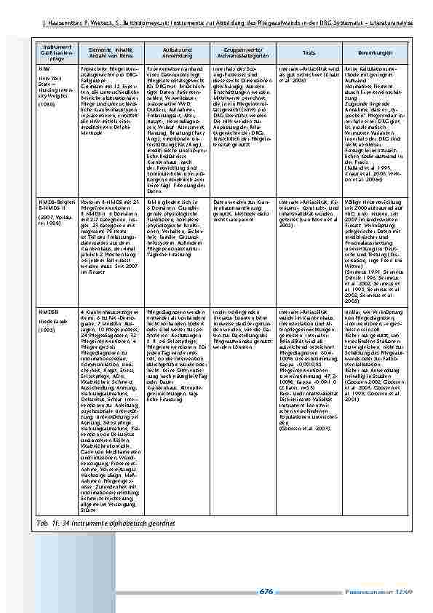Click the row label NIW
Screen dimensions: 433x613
coord(44,66)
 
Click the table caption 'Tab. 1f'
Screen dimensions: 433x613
coord(87,523)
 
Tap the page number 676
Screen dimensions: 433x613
coord(266,593)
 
